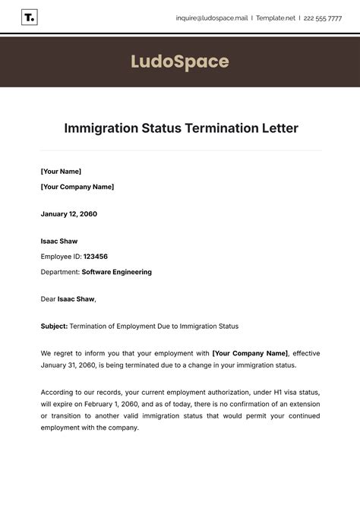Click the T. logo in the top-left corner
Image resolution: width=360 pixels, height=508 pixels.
30,17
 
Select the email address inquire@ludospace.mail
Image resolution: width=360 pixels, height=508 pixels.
211,18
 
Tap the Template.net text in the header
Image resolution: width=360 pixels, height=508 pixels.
276,18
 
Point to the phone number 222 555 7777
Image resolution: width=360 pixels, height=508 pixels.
323,18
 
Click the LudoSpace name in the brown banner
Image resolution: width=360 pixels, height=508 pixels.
180,61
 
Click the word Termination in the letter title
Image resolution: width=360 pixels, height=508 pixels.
215,128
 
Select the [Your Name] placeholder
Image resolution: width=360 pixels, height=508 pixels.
61,172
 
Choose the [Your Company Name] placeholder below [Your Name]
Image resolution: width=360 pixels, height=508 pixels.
77,187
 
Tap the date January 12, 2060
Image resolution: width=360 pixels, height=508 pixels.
69,214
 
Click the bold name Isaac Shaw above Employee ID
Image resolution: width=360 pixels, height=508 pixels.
59,241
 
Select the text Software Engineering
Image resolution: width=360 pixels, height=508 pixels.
116,272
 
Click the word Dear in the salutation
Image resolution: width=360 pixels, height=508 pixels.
48,299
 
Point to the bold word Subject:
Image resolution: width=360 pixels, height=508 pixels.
54,327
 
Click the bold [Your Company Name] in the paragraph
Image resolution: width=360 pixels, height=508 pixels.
250,353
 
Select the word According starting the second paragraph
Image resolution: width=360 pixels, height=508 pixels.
58,393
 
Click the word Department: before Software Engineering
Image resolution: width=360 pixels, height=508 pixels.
60,272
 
